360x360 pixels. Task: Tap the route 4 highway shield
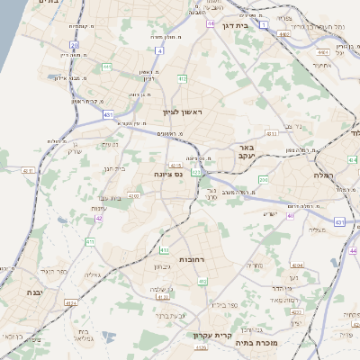[159, 51]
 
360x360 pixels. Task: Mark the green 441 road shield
[107, 66]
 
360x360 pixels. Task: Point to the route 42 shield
[99, 218]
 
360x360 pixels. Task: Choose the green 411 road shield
[90, 241]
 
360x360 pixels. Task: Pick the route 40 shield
[291, 216]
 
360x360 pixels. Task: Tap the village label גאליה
[93, 275]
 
